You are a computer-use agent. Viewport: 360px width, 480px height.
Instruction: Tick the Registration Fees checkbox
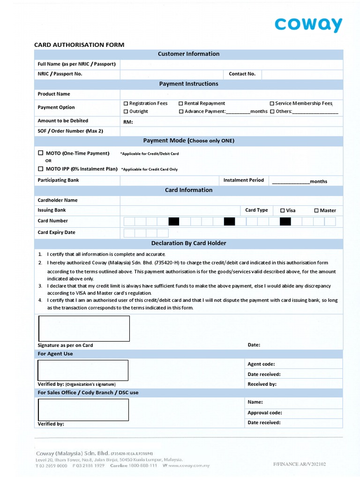(126, 103)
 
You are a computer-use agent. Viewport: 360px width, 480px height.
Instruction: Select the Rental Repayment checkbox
(181, 103)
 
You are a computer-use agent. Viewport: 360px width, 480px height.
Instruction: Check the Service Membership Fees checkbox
(272, 103)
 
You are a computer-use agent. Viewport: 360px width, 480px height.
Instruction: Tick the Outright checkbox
(126, 112)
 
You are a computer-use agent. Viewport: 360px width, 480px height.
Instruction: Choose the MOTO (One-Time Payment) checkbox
(40, 153)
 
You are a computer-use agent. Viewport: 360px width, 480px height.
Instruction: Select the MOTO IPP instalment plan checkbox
(40, 169)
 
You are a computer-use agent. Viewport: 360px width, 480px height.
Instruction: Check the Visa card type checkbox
(282, 210)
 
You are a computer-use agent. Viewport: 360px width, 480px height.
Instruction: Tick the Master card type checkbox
(316, 210)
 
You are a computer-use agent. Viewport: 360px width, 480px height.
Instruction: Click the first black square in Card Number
(173, 221)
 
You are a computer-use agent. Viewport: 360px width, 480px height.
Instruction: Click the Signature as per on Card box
(83, 328)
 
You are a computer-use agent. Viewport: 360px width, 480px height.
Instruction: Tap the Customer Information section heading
(188, 54)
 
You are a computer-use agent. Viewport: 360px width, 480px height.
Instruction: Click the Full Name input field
(232, 64)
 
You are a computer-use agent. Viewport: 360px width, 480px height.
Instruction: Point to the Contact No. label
(242, 74)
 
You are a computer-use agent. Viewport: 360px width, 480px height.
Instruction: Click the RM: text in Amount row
(128, 122)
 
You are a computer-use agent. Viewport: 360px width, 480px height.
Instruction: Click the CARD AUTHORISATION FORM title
(79, 45)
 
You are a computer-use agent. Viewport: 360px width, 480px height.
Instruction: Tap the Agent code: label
(261, 364)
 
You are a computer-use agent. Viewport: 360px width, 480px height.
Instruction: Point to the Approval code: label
(265, 413)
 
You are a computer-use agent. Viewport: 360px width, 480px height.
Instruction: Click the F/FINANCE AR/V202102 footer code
(300, 464)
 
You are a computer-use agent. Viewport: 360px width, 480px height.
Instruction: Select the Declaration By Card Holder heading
(188, 243)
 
